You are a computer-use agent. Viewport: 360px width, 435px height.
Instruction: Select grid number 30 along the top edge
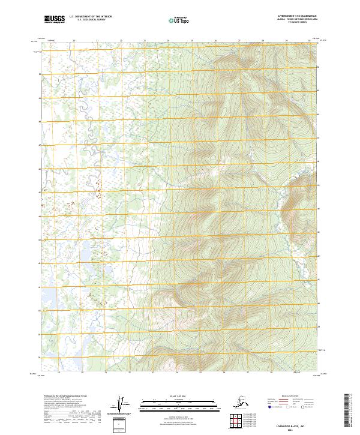coord(309,41)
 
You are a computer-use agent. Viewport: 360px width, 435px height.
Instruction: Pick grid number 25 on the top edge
coord(191,41)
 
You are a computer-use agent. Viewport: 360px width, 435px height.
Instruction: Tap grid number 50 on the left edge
coord(40,74)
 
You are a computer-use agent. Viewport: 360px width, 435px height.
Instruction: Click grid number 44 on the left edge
coord(40,216)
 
